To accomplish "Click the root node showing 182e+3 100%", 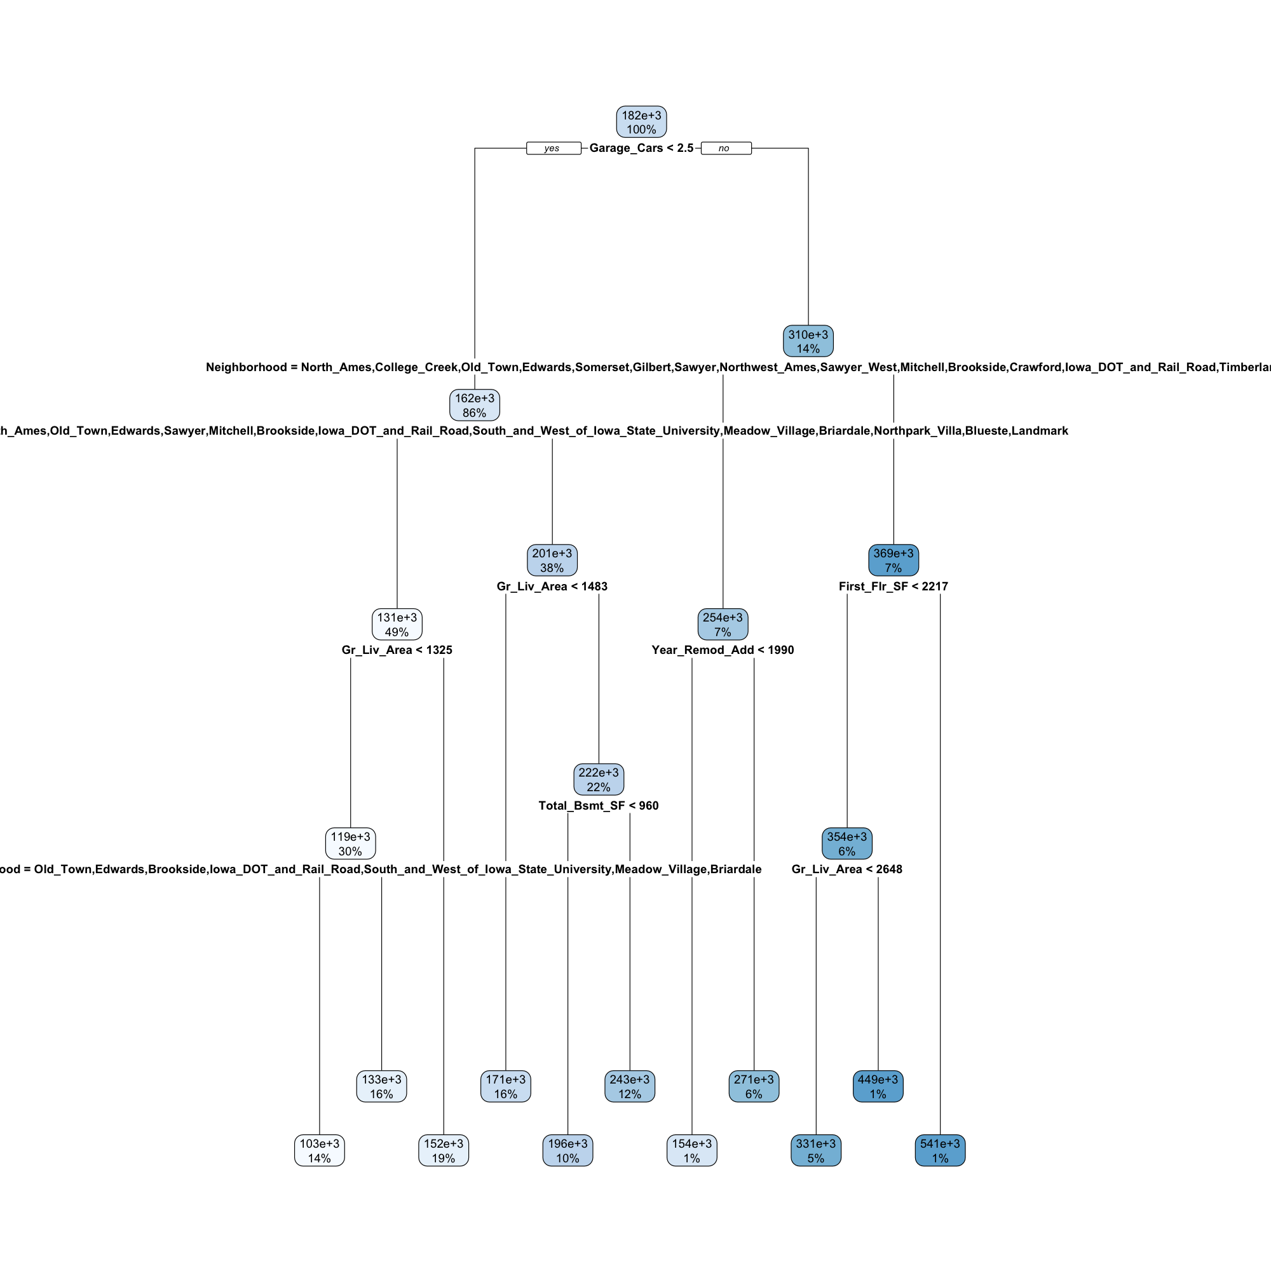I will [641, 123].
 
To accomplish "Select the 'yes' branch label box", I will [554, 148].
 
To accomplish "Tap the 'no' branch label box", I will [726, 148].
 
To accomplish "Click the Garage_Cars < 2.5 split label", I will [641, 148].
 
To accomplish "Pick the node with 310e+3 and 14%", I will [808, 341].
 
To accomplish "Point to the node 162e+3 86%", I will [474, 405].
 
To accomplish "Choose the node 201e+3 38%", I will [552, 561].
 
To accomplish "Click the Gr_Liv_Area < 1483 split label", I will [552, 586].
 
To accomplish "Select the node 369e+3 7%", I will [894, 561].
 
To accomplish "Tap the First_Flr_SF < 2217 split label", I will [894, 586].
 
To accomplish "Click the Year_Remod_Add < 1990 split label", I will [723, 650].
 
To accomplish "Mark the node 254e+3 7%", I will [723, 624].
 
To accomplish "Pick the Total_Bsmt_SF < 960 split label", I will [598, 806].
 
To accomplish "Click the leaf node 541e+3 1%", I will [939, 1151].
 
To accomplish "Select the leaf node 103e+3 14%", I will [319, 1151].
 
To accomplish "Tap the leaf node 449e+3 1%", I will [878, 1086].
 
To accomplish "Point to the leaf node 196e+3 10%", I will [567, 1151].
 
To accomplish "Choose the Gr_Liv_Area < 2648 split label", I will [846, 869].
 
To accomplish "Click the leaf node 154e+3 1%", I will [691, 1151].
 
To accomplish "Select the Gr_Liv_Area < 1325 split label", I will [397, 650].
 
